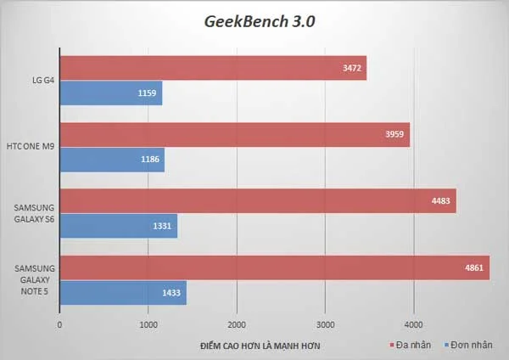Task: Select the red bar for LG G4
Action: [x=212, y=67]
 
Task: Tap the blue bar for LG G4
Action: [x=110, y=93]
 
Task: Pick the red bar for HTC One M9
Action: [x=234, y=133]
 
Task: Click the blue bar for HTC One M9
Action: [x=111, y=160]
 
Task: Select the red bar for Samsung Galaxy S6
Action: [x=257, y=200]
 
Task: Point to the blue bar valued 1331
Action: [x=118, y=226]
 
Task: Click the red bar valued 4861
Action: [x=274, y=267]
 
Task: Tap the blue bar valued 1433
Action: [x=122, y=293]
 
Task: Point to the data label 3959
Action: [x=392, y=134]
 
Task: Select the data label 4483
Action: [x=439, y=201]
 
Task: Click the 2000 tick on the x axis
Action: [x=237, y=324]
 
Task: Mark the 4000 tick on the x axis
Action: [x=413, y=324]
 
